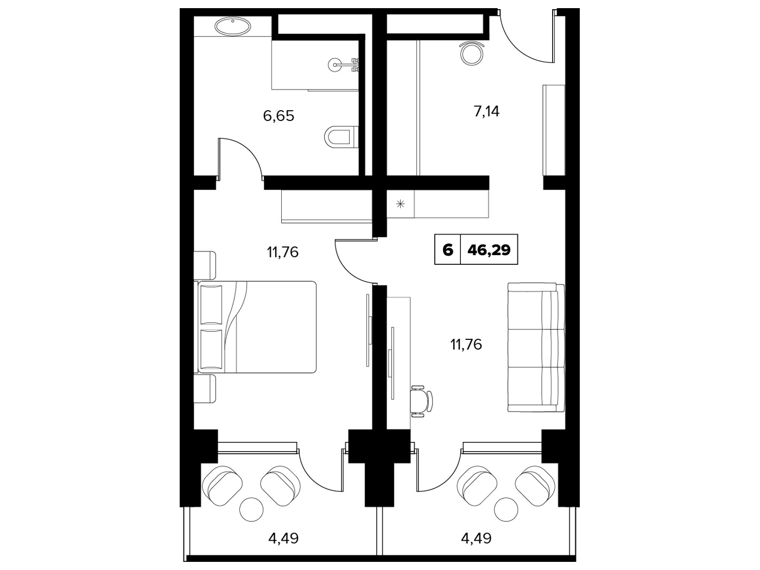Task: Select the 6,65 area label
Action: click(278, 116)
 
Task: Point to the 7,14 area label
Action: click(486, 111)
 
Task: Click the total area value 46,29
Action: click(489, 250)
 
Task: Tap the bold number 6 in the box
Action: click(448, 250)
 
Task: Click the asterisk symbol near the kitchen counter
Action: click(400, 204)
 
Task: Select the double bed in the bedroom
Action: click(257, 327)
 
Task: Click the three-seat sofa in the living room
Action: click(536, 347)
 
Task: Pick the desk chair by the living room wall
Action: click(421, 401)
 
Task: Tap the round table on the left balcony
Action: click(252, 509)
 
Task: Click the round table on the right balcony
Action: click(506, 509)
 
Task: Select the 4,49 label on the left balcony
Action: click(283, 538)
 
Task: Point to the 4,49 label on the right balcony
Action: click(476, 538)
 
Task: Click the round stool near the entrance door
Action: click(472, 54)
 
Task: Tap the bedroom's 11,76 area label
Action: click(282, 252)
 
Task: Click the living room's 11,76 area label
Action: click(466, 345)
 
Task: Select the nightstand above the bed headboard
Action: click(205, 265)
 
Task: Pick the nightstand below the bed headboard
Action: click(205, 389)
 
